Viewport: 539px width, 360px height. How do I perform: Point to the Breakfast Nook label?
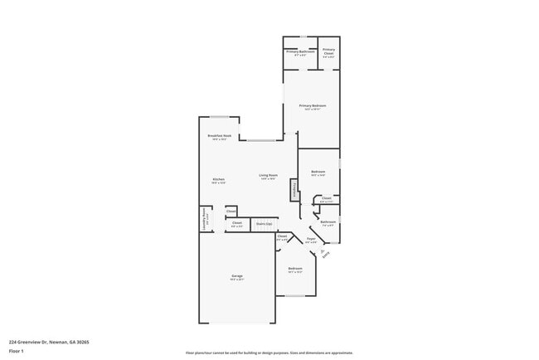coord(219,136)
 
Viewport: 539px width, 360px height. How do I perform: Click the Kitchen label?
coord(218,180)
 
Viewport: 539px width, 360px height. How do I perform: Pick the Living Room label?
coord(267,176)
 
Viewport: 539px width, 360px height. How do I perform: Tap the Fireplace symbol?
coord(294,190)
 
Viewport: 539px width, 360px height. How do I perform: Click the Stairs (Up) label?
coord(265,224)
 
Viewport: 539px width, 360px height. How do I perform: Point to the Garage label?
coord(237,276)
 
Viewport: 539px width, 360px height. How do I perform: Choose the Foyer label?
coord(311,240)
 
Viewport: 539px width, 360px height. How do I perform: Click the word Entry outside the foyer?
coord(326,255)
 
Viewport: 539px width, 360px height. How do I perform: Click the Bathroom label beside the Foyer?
coord(328,222)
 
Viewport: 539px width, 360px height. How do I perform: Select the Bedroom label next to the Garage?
coord(295,270)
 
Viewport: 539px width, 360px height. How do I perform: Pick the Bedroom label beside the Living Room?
coord(318,173)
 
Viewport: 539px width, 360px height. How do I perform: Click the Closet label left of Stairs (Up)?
coord(236,223)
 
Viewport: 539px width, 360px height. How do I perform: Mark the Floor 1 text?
coord(16,351)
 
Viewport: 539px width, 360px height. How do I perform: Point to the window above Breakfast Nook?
coord(219,116)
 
